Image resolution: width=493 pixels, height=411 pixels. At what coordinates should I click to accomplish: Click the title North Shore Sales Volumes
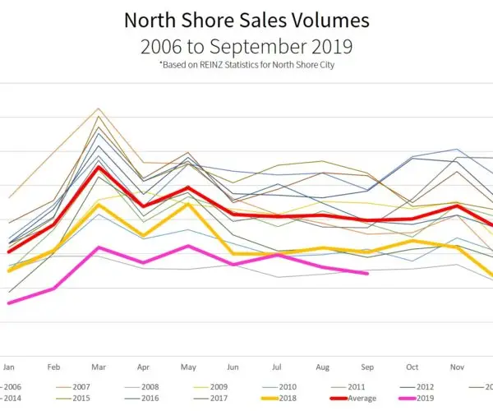[246, 19]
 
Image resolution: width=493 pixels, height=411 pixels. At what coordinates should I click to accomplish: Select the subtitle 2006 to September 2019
[246, 46]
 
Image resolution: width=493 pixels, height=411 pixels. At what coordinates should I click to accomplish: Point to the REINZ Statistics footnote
[246, 66]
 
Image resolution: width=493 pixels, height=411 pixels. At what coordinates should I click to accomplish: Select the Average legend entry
[359, 398]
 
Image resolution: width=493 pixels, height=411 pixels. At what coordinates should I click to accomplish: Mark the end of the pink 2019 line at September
[367, 274]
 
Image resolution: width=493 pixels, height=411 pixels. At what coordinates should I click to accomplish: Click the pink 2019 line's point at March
[99, 247]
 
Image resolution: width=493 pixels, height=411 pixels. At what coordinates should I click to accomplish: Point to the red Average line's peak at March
[99, 167]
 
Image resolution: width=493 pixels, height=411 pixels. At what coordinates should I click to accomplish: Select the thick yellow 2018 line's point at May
[188, 203]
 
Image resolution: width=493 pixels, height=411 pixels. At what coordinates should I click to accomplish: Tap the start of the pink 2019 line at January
[8, 303]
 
